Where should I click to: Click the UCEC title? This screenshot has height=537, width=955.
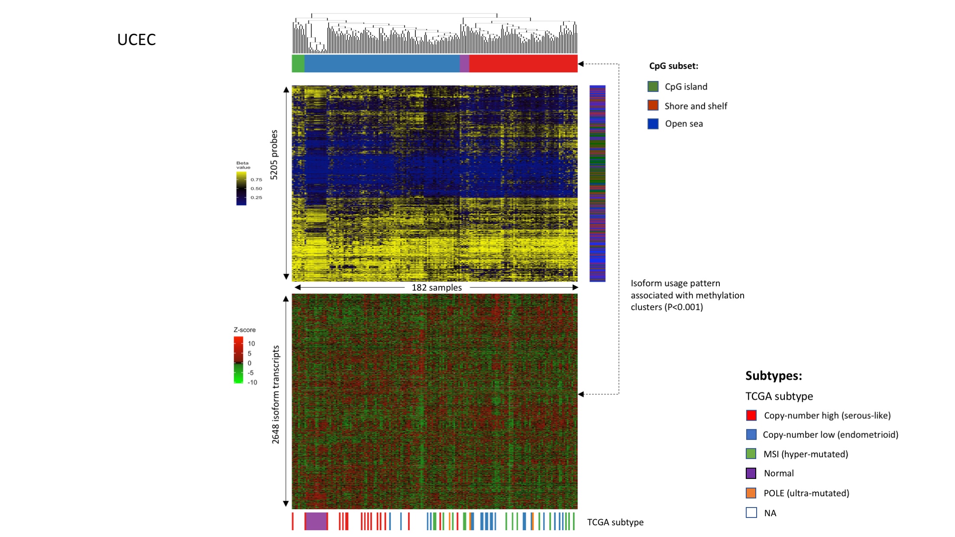pos(136,39)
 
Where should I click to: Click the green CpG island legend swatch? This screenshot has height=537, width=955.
pos(653,87)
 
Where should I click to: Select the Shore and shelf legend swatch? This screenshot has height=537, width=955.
pos(653,105)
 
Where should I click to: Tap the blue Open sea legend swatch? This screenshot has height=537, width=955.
pos(653,124)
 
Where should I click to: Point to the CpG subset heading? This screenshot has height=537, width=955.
pos(673,66)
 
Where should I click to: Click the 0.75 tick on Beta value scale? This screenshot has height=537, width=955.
pos(256,179)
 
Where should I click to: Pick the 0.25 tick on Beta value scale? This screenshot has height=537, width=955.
pos(256,197)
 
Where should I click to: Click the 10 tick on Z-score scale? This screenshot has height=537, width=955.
pos(251,343)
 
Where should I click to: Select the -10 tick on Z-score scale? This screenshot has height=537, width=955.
pos(252,382)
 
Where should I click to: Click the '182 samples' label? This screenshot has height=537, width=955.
pos(437,288)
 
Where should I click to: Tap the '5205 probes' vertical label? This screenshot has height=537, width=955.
pos(274,155)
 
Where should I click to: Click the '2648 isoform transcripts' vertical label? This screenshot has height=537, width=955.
pos(275,395)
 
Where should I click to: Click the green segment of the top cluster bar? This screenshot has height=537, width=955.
pos(298,63)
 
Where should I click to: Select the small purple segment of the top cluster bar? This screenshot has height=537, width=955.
pos(464,63)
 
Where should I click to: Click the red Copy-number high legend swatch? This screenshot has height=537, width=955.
pos(751,415)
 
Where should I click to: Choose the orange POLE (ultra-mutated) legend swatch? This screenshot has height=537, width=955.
pos(751,493)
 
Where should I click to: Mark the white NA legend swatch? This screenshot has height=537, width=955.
pos(751,513)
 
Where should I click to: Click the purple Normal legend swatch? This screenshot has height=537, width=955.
pos(751,473)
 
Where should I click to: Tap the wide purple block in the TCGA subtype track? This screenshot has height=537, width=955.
pos(316,521)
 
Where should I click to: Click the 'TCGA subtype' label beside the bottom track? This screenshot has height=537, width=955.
pos(615,522)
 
